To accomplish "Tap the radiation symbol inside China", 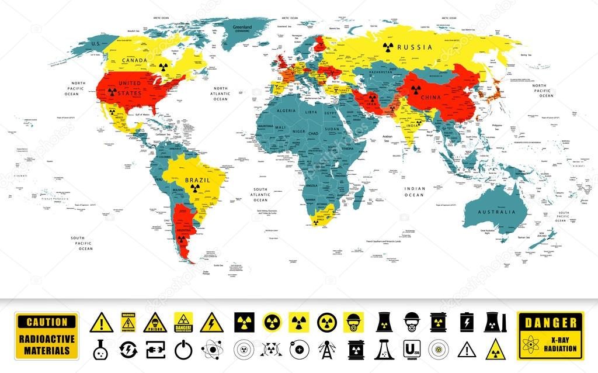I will click(415, 89).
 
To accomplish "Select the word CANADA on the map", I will click(134, 60).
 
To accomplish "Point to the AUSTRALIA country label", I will click(496, 211).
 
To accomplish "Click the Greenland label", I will click(242, 28).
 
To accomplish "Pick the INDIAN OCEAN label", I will click(415, 191).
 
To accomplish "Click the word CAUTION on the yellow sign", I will click(47, 322).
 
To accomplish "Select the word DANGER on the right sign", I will click(551, 322).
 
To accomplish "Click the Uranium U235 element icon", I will click(411, 350).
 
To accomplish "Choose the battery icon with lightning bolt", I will click(465, 322).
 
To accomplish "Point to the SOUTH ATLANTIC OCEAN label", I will click(260, 194).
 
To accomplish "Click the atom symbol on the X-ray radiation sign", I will click(529, 346).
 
